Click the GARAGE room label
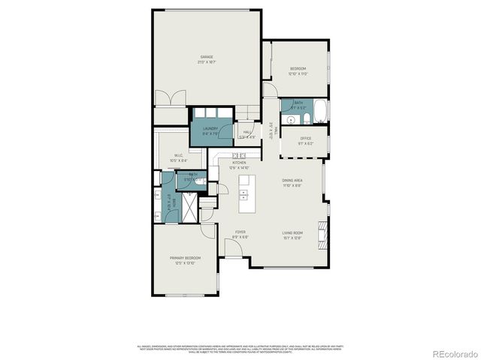click(207, 57)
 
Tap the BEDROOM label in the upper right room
click(298, 69)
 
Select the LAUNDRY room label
click(210, 128)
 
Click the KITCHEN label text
click(239, 163)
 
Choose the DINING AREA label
click(292, 181)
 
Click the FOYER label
click(240, 232)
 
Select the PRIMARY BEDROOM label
click(185, 258)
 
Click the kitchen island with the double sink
click(245, 194)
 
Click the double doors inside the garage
click(171, 98)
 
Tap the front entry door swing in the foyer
click(233, 247)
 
